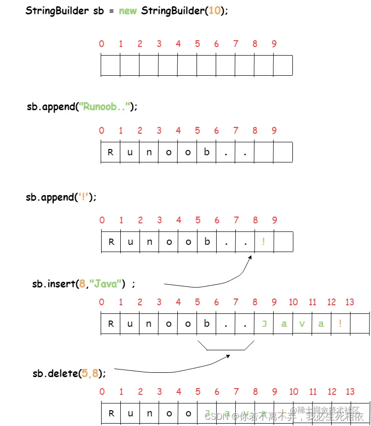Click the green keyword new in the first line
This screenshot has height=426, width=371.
(128, 11)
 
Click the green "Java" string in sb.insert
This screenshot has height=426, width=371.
(106, 284)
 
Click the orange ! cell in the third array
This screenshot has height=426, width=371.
(264, 242)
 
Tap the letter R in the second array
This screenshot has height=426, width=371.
(111, 153)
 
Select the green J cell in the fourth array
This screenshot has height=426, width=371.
(264, 324)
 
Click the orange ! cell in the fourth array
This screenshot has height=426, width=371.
(340, 324)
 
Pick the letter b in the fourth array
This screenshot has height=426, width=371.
(207, 323)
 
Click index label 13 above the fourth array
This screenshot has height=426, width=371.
(350, 302)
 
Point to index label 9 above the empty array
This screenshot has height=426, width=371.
(274, 44)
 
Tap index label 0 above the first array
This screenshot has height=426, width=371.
(102, 44)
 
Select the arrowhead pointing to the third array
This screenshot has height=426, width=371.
(249, 259)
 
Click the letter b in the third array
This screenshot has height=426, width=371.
(207, 242)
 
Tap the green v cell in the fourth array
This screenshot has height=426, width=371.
(302, 324)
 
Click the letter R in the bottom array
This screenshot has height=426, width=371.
(111, 414)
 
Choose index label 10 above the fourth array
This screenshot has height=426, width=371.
(293, 302)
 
